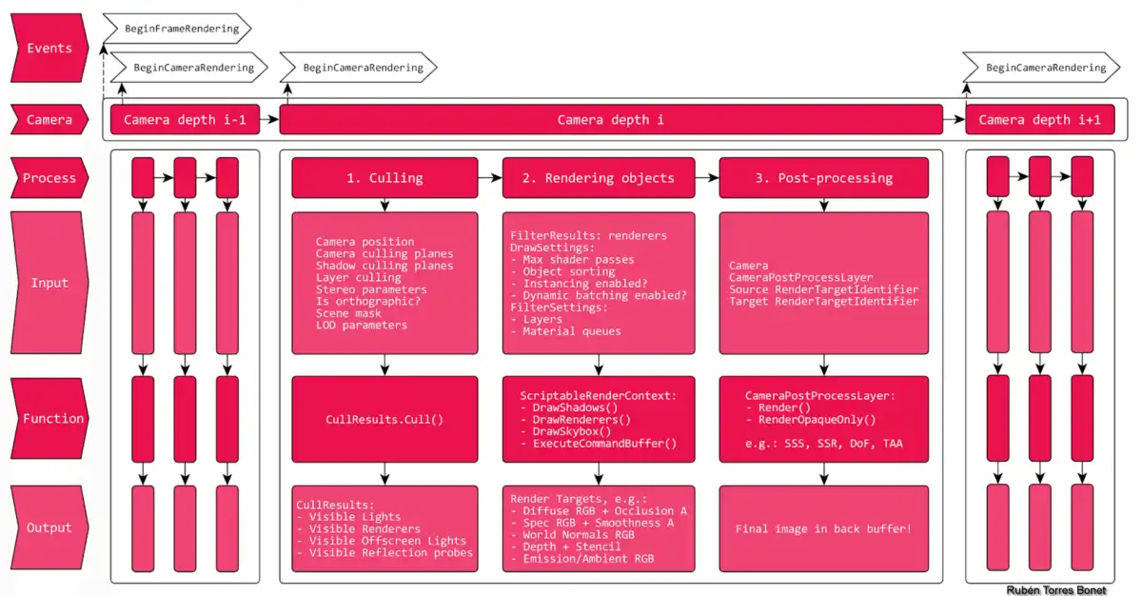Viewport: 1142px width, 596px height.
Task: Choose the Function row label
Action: [52, 418]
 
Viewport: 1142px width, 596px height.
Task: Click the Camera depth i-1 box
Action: [185, 120]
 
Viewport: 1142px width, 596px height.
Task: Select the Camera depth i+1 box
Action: [1039, 120]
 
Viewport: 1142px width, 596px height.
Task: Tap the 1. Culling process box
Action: [384, 178]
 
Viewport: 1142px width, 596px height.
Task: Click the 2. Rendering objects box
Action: [599, 178]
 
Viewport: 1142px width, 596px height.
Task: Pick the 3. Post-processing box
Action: [822, 178]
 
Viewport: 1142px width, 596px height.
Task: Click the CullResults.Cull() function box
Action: [384, 418]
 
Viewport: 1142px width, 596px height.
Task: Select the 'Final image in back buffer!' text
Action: [823, 528]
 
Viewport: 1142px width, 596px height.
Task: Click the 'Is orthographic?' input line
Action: [368, 301]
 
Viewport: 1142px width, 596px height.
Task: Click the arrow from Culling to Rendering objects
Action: [490, 178]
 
